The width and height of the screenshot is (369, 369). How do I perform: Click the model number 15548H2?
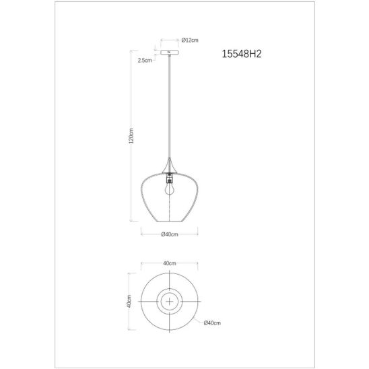point(242,54)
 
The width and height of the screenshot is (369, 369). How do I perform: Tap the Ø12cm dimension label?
point(190,40)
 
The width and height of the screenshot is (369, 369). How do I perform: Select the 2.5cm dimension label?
point(145,61)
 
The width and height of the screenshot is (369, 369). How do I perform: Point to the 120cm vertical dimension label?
point(131,136)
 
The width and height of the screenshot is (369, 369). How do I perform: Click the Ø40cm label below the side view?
point(170,234)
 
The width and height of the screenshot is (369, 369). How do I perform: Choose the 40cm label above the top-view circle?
point(170,263)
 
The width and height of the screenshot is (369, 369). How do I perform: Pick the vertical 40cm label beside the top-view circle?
point(129,302)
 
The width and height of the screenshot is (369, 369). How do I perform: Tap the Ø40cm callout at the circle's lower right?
point(212,323)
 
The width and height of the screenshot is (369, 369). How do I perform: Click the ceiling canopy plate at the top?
point(170,53)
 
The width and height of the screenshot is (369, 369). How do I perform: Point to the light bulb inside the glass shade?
point(170,189)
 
